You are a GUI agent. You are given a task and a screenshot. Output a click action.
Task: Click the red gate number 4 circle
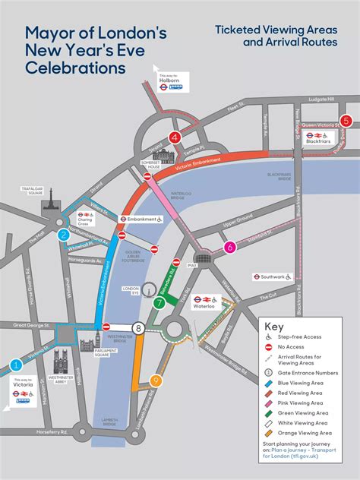(x=175, y=137)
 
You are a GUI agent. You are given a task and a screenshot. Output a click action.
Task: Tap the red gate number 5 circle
(x=346, y=121)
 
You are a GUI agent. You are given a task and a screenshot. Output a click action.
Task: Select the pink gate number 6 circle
(x=230, y=246)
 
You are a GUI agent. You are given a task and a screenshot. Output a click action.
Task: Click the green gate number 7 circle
(x=159, y=303)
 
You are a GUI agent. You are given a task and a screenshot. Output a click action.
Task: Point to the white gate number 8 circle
(x=138, y=328)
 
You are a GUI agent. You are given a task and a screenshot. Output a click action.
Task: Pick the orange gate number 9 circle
(x=156, y=381)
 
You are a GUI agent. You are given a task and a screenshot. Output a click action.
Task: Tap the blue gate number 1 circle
(x=16, y=365)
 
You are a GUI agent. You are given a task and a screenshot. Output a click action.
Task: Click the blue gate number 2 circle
(x=65, y=235)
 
